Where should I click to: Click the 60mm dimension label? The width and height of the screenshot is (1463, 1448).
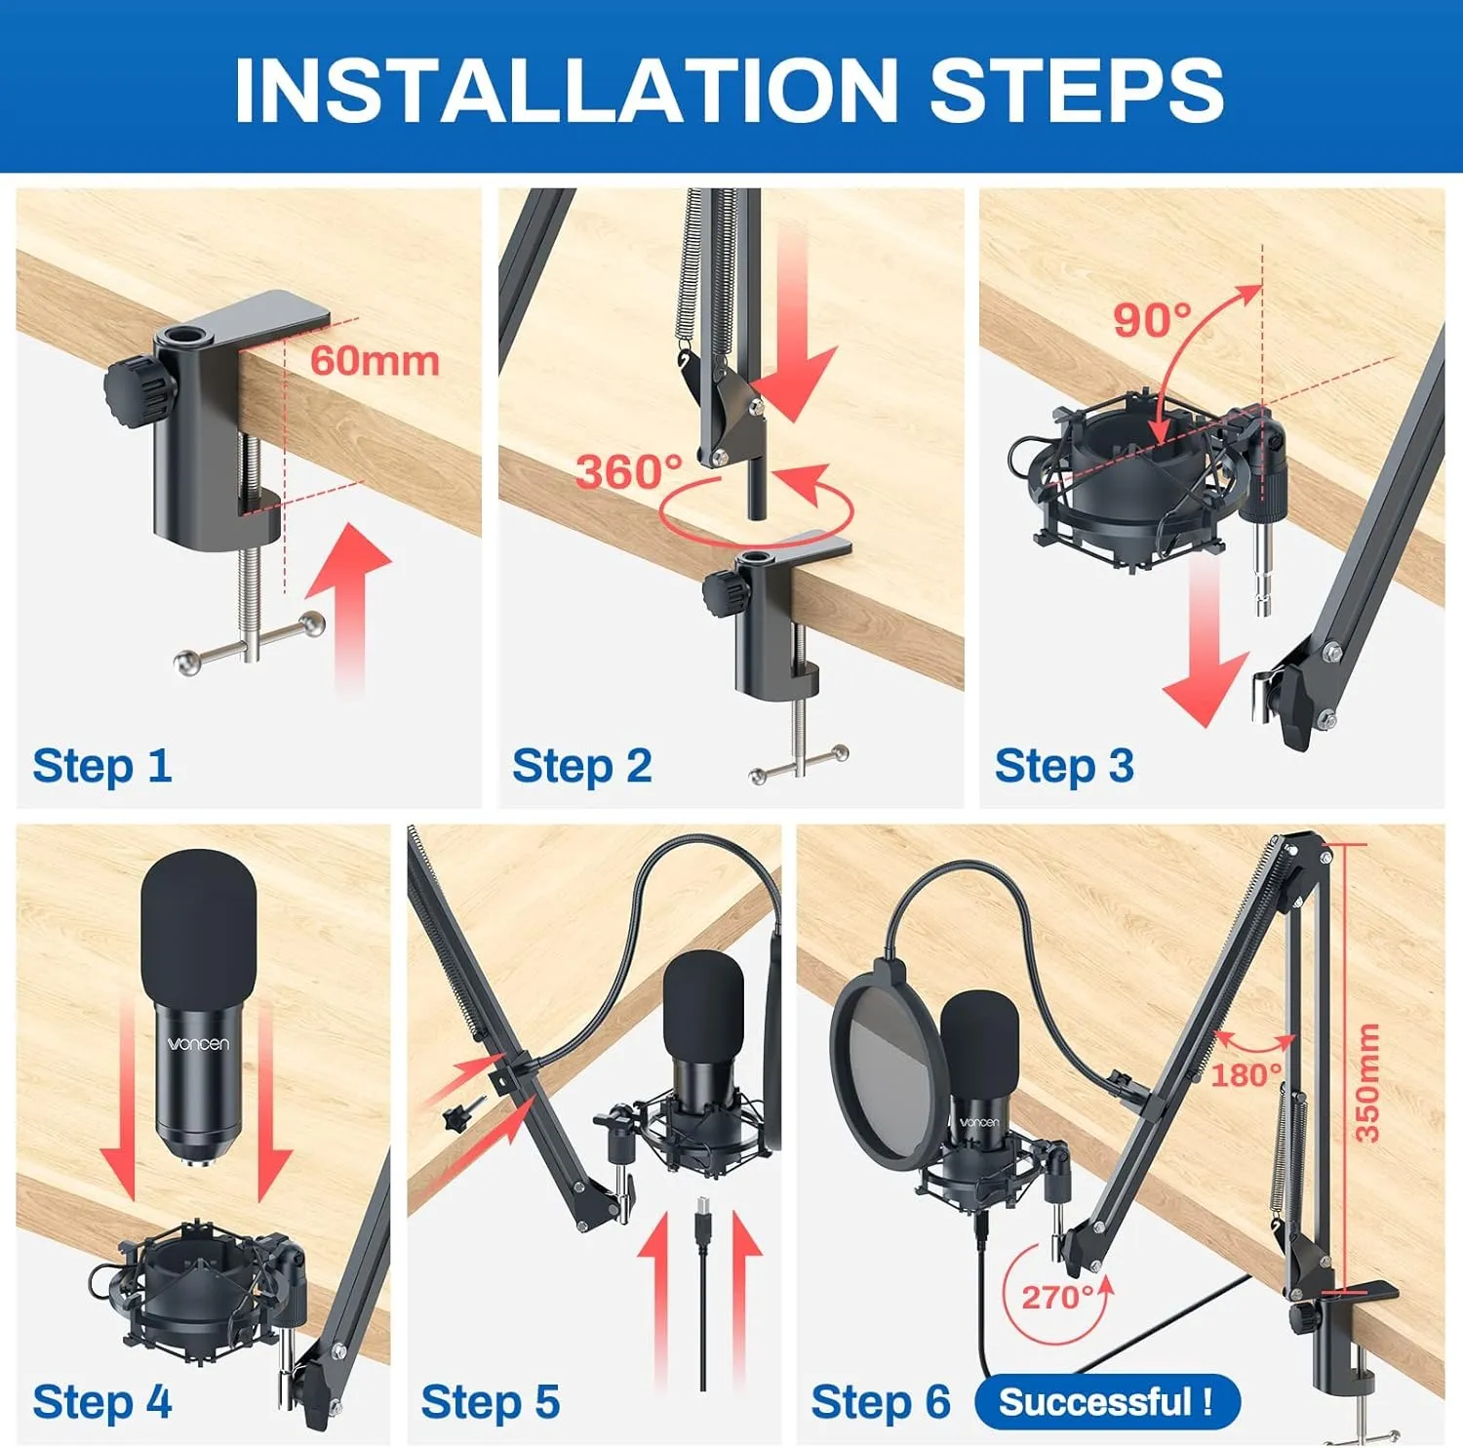click(375, 361)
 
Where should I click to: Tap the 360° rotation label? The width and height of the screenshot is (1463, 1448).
click(628, 472)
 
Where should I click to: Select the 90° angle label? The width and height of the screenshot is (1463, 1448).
click(1152, 320)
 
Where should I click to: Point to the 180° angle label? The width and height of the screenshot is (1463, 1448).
click(1246, 1075)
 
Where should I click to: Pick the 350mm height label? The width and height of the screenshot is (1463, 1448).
click(1367, 1083)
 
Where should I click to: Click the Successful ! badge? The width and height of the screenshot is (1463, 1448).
click(1107, 1402)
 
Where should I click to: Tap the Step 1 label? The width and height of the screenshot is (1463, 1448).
click(102, 766)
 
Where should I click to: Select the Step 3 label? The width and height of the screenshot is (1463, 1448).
click(1064, 766)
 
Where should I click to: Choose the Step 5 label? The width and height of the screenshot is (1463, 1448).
click(491, 1403)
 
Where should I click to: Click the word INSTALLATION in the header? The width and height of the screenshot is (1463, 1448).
click(566, 90)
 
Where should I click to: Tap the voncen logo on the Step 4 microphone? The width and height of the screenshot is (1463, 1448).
click(199, 1044)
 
